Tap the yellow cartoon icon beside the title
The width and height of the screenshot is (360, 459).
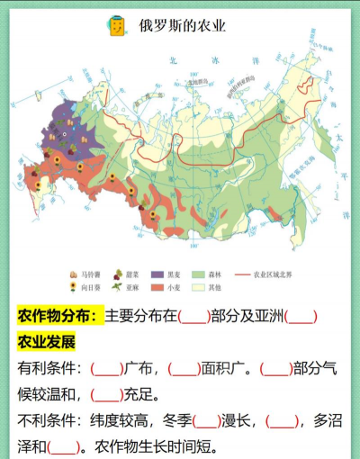(x=116, y=25)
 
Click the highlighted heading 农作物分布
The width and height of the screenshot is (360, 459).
(x=58, y=316)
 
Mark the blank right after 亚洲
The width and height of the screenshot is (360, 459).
(x=301, y=316)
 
